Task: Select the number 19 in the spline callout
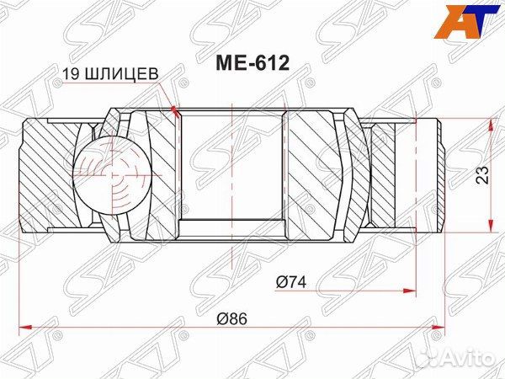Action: (71, 74)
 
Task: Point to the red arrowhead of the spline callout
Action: (175, 109)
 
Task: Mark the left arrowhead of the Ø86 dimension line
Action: (23, 326)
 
